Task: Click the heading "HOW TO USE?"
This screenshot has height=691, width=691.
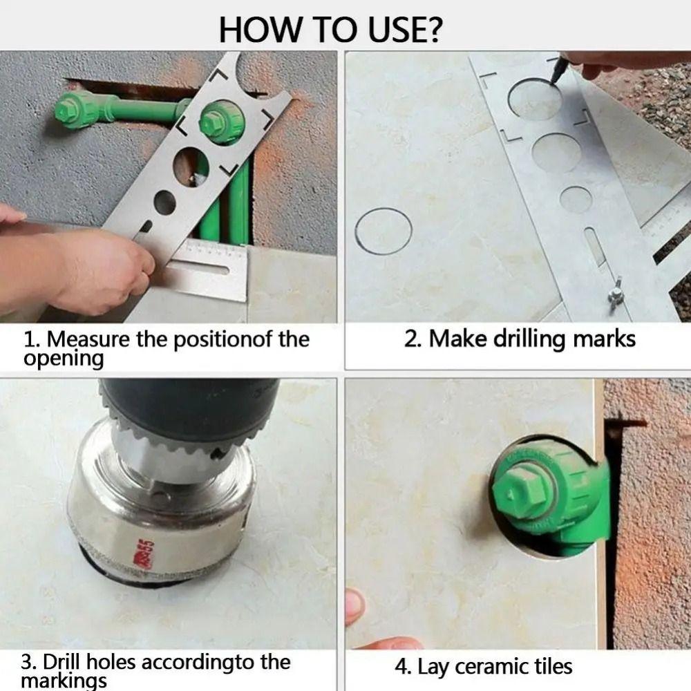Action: tap(331, 30)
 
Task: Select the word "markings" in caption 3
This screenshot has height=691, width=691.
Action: tap(64, 681)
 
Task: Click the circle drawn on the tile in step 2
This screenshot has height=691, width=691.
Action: tap(384, 230)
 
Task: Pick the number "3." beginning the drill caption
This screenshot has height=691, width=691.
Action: tap(29, 662)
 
